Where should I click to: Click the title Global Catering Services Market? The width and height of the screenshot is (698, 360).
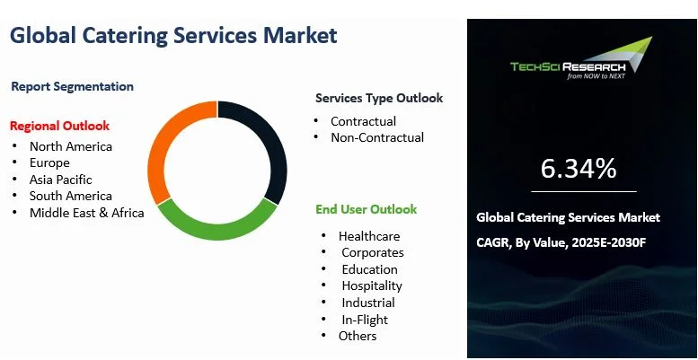point(173,36)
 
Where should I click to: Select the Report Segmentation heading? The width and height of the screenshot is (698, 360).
point(73,86)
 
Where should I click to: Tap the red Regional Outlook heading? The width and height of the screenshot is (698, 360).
point(59,125)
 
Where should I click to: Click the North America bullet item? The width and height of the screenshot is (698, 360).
point(70,146)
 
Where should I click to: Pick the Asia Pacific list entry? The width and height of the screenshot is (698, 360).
point(60,180)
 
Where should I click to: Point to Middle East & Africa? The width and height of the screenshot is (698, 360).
point(86,213)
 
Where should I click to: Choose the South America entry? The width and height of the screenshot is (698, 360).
point(70,196)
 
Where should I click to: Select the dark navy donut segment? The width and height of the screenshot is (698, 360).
point(267,144)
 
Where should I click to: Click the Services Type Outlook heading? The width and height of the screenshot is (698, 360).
point(378,98)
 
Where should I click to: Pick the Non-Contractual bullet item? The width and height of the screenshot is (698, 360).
point(376,137)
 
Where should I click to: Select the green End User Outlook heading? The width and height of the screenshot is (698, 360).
point(366,209)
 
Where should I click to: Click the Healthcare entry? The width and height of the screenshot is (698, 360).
point(368,235)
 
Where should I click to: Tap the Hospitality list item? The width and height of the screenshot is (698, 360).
point(371,285)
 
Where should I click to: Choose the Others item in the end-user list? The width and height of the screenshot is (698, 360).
point(358,336)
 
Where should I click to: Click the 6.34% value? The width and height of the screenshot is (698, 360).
point(579,168)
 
